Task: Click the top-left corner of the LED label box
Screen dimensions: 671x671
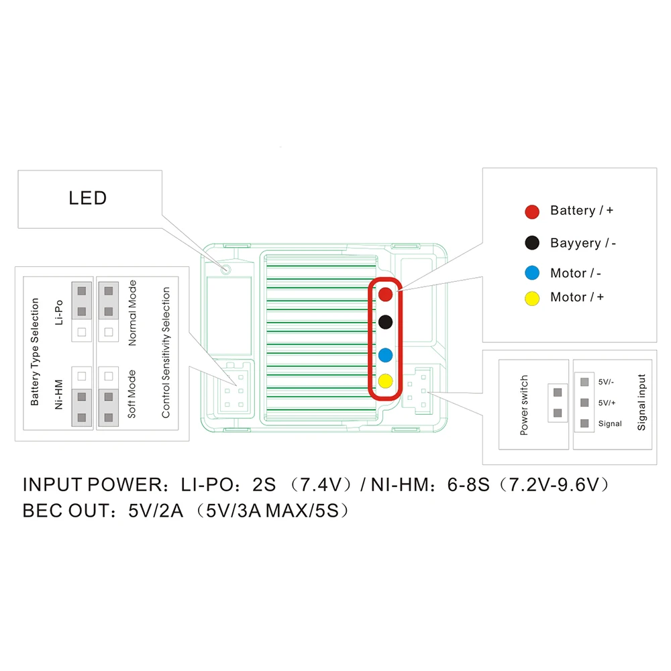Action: point(18,170)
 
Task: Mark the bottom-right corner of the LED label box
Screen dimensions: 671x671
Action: point(162,228)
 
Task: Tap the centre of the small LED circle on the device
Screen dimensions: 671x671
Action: point(226,269)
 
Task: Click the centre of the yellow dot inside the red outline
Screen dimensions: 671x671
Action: point(386,380)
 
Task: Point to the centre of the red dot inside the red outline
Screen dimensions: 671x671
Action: point(386,294)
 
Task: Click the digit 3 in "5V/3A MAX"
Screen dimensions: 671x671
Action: point(243,511)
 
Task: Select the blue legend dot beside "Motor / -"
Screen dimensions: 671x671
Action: point(532,272)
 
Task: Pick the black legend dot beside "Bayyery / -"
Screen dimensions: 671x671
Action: point(532,243)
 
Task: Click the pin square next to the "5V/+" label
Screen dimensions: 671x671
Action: point(584,403)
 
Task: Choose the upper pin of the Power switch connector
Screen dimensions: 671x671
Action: point(558,393)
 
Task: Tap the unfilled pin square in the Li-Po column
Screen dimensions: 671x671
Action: point(82,332)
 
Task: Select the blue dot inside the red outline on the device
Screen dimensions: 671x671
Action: point(386,355)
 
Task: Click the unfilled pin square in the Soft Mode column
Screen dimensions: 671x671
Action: point(109,376)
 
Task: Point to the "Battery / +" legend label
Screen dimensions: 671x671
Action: point(582,211)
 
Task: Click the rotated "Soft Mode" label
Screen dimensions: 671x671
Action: point(132,394)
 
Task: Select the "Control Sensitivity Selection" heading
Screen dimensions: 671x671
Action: point(166,352)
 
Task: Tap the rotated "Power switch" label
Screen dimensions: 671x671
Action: point(524,405)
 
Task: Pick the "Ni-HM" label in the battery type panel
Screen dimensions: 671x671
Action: point(58,394)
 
